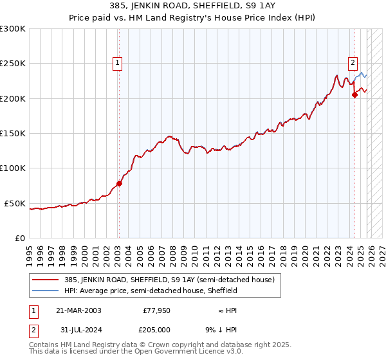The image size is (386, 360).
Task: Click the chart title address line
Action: coord(193,6)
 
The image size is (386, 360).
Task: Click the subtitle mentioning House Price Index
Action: coord(193,17)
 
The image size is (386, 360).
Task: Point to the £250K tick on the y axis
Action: coord(13,64)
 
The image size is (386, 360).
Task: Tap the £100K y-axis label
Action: coord(13,168)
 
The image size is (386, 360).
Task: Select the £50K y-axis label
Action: coord(15,203)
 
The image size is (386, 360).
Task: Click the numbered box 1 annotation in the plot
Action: coord(118,63)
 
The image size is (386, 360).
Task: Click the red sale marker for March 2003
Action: coord(119,183)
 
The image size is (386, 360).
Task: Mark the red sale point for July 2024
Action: coord(354,95)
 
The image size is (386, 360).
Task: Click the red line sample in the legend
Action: coord(45,280)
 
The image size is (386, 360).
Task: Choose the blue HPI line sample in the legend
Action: coord(45,291)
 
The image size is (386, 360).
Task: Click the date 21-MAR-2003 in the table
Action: coord(78,310)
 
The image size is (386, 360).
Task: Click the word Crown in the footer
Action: coord(156,345)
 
